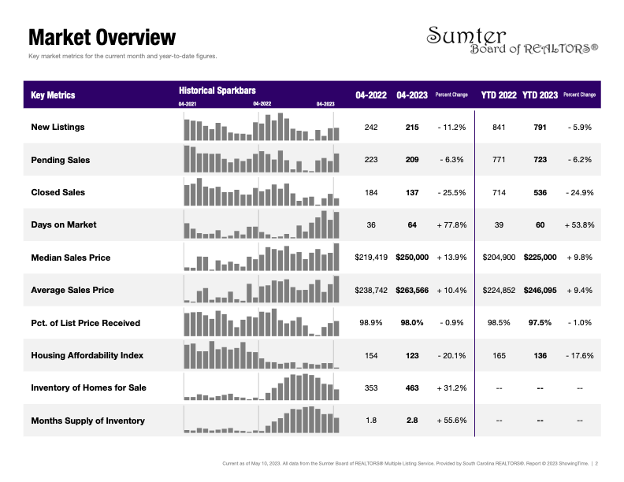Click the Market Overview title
pyautogui.click(x=102, y=37)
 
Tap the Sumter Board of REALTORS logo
pyautogui.click(x=512, y=40)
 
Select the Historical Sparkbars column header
pyautogui.click(x=217, y=91)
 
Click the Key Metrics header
pyautogui.click(x=53, y=95)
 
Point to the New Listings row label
pyautogui.click(x=58, y=127)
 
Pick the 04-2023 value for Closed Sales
pyautogui.click(x=412, y=192)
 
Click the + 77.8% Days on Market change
pyautogui.click(x=451, y=225)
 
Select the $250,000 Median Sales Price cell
pyautogui.click(x=412, y=258)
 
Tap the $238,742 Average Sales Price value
pyautogui.click(x=371, y=291)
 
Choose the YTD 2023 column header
pyautogui.click(x=540, y=95)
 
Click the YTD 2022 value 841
pyautogui.click(x=499, y=128)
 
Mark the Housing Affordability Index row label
pyautogui.click(x=87, y=355)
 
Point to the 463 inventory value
pyautogui.click(x=412, y=387)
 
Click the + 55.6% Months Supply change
pyautogui.click(x=451, y=421)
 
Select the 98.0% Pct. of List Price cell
pyautogui.click(x=412, y=323)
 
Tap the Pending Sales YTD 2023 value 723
pyautogui.click(x=540, y=159)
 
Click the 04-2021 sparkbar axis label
pyautogui.click(x=187, y=104)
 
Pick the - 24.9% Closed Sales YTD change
pyautogui.click(x=579, y=192)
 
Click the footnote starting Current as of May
pyautogui.click(x=410, y=463)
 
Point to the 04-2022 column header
pyautogui.click(x=371, y=95)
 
